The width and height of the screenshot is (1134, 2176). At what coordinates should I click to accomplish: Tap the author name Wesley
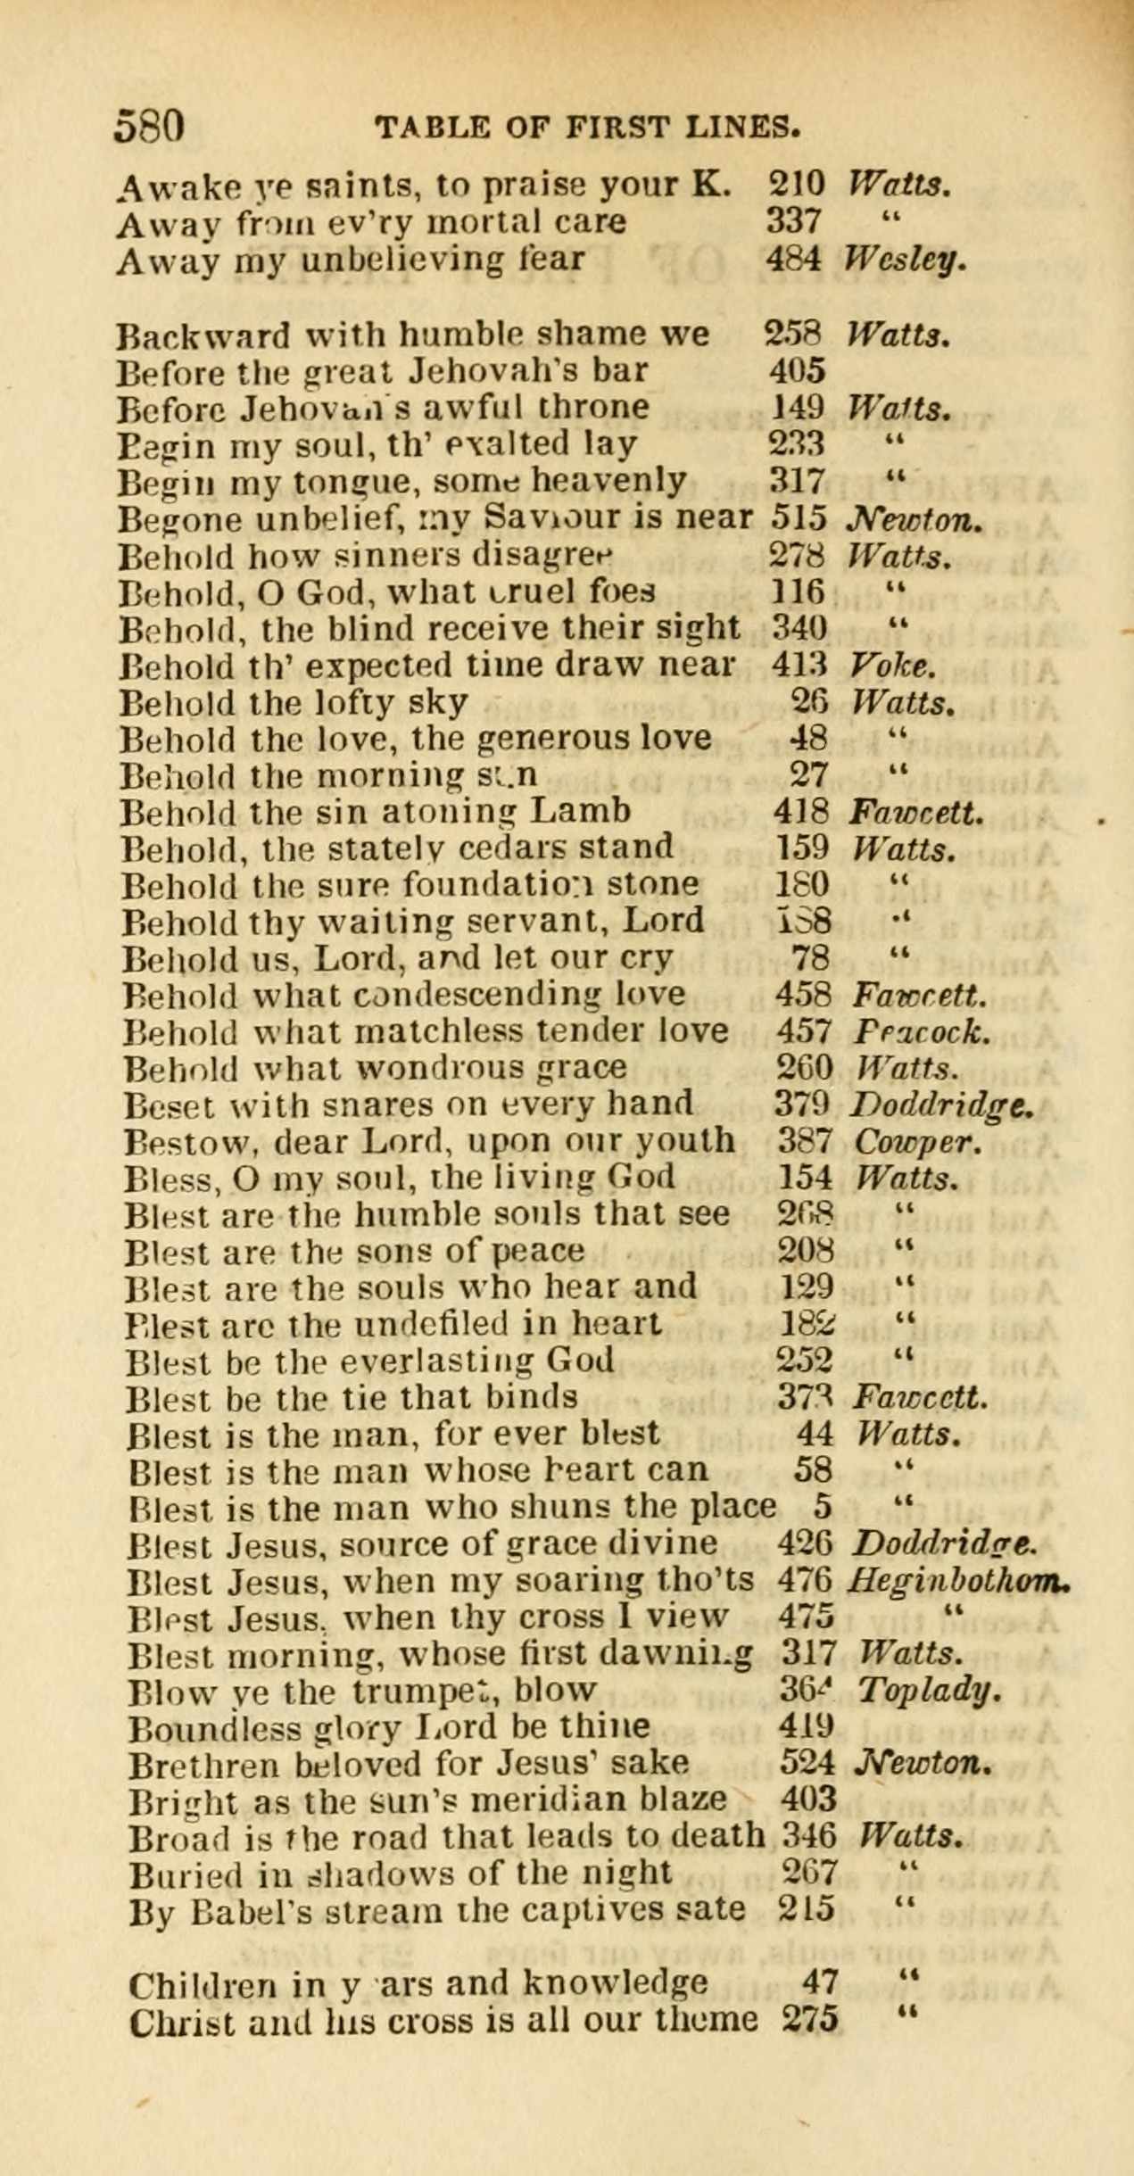click(x=905, y=260)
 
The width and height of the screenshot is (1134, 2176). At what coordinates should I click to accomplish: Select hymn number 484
click(x=793, y=260)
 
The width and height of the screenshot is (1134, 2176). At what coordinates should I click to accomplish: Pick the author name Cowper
click(x=916, y=1141)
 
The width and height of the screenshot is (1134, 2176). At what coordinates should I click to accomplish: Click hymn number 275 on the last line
click(x=810, y=2020)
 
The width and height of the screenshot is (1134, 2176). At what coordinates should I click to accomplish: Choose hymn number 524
click(x=807, y=1765)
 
